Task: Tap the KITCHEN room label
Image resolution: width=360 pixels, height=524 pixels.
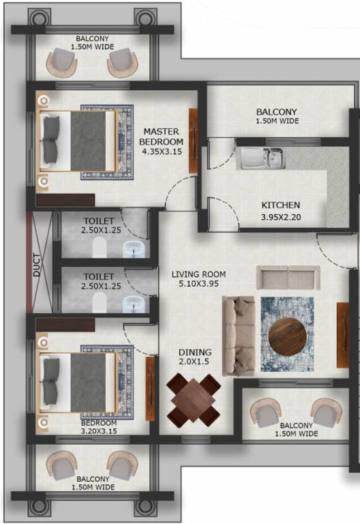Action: tap(280, 211)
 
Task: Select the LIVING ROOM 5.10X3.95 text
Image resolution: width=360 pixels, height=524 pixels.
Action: tap(198, 280)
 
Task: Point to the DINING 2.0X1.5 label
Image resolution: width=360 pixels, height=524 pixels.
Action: tap(176, 357)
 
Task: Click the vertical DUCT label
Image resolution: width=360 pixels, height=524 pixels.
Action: tap(37, 266)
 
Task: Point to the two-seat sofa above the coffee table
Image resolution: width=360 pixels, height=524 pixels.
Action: tap(286, 276)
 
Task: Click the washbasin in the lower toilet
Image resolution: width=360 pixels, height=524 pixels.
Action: tap(134, 302)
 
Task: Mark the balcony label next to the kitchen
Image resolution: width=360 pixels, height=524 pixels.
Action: tap(277, 117)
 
